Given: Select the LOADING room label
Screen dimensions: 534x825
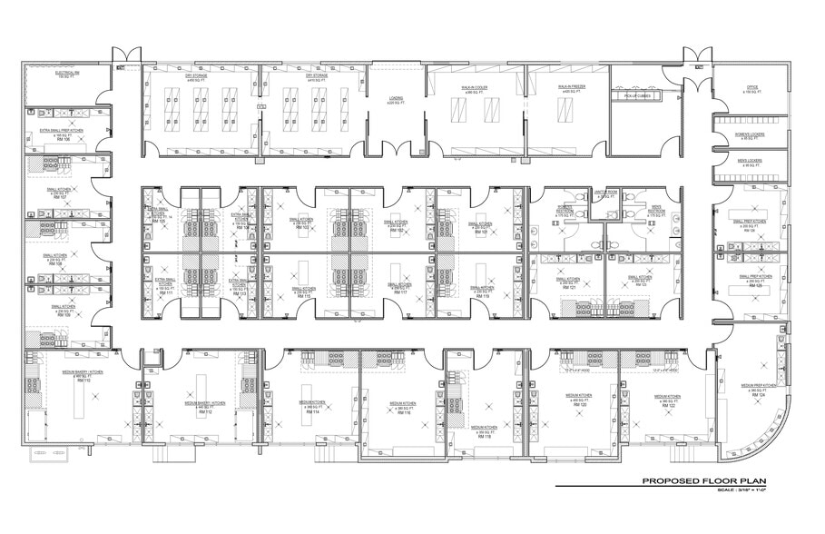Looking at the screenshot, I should pos(396,101).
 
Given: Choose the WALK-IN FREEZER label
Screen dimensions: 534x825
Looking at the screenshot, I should pos(570,90).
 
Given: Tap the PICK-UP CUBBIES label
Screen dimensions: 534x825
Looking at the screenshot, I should pos(636,94).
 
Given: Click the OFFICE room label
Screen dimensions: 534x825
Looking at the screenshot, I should pos(751,90).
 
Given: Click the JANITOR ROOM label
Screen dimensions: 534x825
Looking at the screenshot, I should pos(605,193).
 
